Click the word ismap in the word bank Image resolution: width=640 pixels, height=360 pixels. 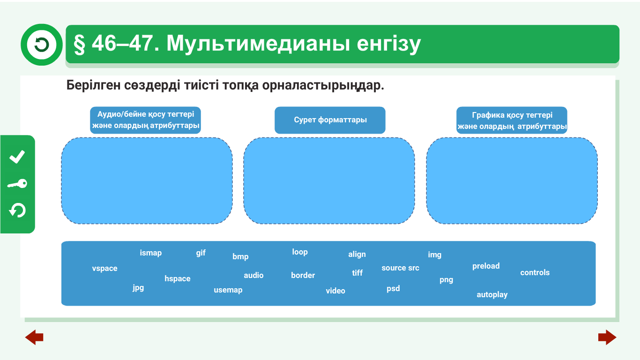[150, 253]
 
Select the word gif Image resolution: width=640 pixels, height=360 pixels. [201, 253]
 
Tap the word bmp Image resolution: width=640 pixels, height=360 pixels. [240, 257]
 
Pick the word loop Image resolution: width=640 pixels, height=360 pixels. [300, 252]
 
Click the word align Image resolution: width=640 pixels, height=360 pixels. [357, 255]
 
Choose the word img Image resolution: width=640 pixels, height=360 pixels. [435, 255]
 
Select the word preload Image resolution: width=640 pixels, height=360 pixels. [486, 266]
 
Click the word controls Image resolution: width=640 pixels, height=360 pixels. [535, 272]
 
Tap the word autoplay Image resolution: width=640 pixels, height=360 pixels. [492, 295]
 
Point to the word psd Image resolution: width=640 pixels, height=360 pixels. [393, 289]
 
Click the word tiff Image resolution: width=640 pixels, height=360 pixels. [357, 273]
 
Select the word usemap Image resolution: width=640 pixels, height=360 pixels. [228, 290]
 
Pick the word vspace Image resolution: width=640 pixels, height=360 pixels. [104, 269]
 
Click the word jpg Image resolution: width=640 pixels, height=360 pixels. [138, 288]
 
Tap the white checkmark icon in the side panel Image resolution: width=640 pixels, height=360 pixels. [17, 157]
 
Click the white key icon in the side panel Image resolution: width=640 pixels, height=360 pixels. [17, 184]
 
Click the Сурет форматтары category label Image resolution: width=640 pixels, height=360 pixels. [330, 120]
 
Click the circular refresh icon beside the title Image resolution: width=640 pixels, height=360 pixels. [41, 45]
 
